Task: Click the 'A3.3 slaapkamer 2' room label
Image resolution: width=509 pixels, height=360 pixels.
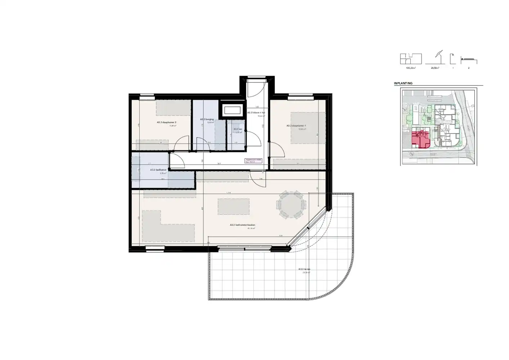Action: pos(166,122)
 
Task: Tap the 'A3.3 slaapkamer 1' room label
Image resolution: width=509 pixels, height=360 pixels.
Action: pos(296,126)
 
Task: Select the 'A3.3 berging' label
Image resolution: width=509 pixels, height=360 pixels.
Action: pos(207,119)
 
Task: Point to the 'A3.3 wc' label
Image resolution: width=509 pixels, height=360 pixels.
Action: pos(237,129)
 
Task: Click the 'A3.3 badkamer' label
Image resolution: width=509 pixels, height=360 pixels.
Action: pos(158,170)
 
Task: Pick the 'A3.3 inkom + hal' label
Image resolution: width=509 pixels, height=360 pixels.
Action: pos(256,113)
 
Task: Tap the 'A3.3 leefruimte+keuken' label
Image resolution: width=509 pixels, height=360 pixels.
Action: pos(242,225)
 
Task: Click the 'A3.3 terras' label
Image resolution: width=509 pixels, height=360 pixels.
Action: pos(304,269)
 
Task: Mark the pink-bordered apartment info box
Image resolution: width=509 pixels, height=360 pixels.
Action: pos(253,161)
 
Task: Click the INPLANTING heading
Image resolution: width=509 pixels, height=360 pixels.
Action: pos(403,83)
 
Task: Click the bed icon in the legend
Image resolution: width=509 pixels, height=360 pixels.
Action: pos(469,60)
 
